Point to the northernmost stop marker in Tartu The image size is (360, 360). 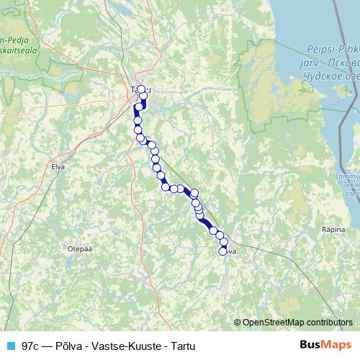tap(141, 90)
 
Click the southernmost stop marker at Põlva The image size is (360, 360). tap(223, 251)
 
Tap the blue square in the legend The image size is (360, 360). tap(11, 346)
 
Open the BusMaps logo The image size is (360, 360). tap(325, 345)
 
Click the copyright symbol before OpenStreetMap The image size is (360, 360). tap(238, 322)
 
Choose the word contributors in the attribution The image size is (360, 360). tap(328, 322)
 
